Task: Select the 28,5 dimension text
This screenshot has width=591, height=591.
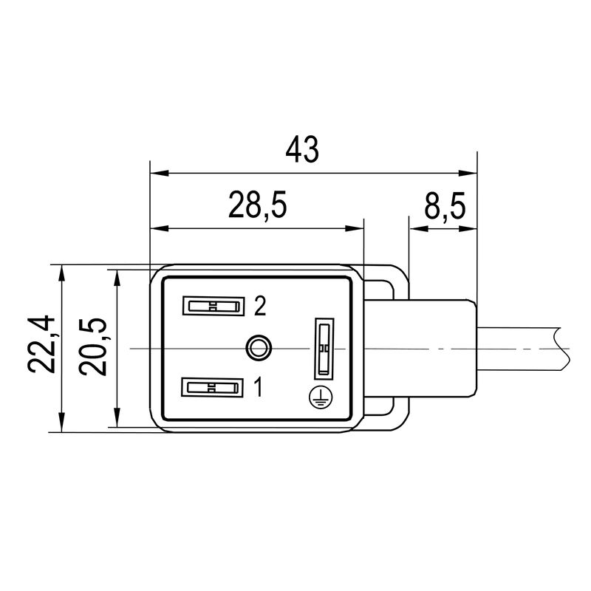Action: coord(257,206)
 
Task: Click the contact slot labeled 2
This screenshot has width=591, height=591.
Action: coord(213,306)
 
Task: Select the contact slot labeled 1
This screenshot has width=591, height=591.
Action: coord(213,386)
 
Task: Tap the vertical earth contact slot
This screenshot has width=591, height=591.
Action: coord(323,346)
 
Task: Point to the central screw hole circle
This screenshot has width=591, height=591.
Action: coord(257,346)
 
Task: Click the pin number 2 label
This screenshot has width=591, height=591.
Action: coord(259,306)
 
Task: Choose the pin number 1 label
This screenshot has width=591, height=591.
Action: coord(259,386)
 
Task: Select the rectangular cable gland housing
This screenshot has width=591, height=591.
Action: coord(436,347)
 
